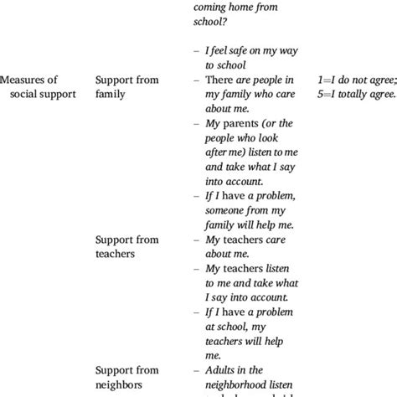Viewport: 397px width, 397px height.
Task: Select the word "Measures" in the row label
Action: (x=27, y=80)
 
